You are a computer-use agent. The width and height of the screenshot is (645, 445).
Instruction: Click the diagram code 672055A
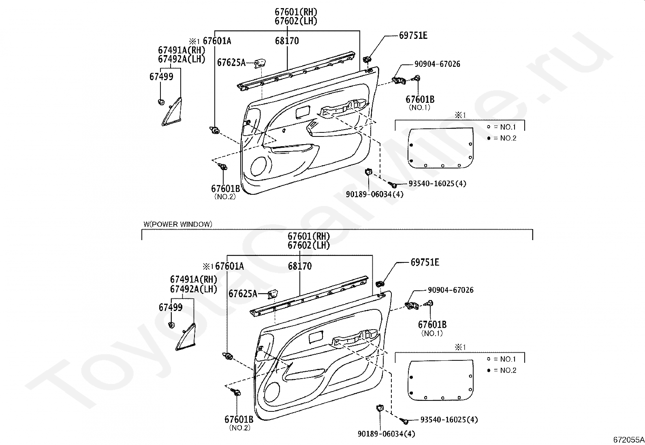[628, 439]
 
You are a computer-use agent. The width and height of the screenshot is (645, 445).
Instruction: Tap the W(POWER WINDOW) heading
[177, 224]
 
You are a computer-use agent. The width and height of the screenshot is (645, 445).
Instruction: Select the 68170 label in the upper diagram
[287, 41]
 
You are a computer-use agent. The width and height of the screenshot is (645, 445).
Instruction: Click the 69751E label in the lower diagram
[425, 262]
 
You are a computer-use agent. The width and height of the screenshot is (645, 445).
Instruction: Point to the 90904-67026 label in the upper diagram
[437, 64]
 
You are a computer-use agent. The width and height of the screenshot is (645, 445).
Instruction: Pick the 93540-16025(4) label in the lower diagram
[449, 419]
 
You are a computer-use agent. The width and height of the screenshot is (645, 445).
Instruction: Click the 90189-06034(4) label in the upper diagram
[375, 194]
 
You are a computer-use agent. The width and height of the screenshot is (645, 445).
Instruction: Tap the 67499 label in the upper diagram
[161, 77]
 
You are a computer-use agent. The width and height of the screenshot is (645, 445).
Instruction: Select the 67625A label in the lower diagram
[243, 294]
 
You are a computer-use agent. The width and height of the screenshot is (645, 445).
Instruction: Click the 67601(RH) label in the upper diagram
[296, 12]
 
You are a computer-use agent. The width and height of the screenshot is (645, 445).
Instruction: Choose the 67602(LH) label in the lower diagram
[309, 245]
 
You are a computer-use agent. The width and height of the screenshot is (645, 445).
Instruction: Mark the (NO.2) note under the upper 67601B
[225, 197]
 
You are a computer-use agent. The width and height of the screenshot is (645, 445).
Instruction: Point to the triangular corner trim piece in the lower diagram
[186, 336]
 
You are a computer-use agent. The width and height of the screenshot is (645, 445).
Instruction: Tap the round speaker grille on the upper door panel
[259, 166]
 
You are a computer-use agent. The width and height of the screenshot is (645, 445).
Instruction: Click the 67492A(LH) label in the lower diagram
[193, 289]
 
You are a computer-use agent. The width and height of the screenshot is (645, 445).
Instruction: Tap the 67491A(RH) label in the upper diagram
[182, 50]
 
